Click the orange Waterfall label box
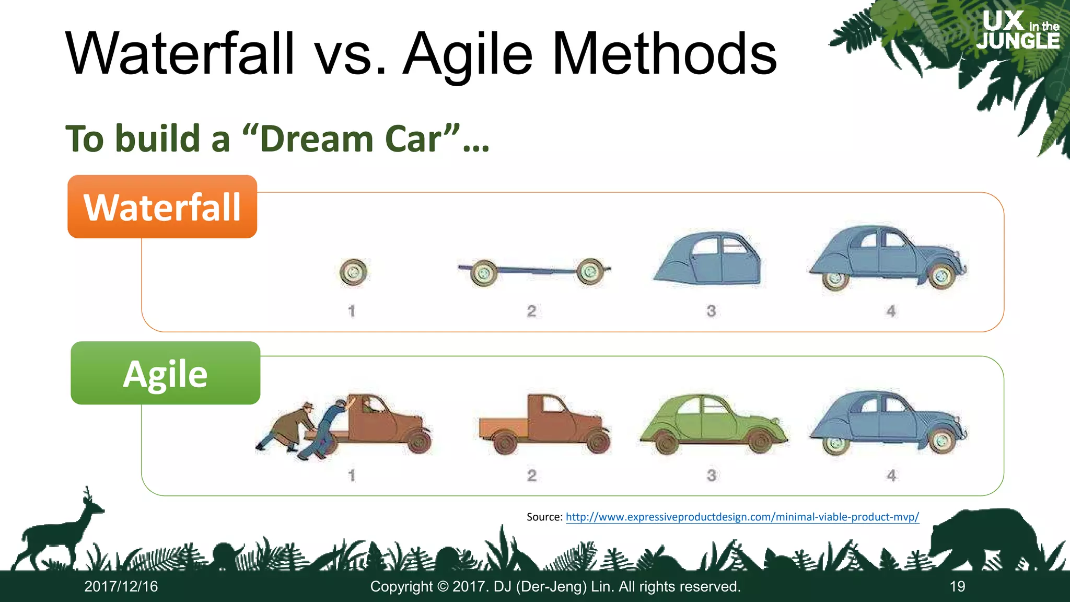point(162,207)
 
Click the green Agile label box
point(165,373)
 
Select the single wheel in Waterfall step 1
point(353,272)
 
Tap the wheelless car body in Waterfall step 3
point(708,258)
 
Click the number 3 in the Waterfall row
point(711,311)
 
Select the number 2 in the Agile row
point(531,476)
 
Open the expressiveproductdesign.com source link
point(742,517)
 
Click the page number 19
point(957,587)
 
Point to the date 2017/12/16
point(121,587)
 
